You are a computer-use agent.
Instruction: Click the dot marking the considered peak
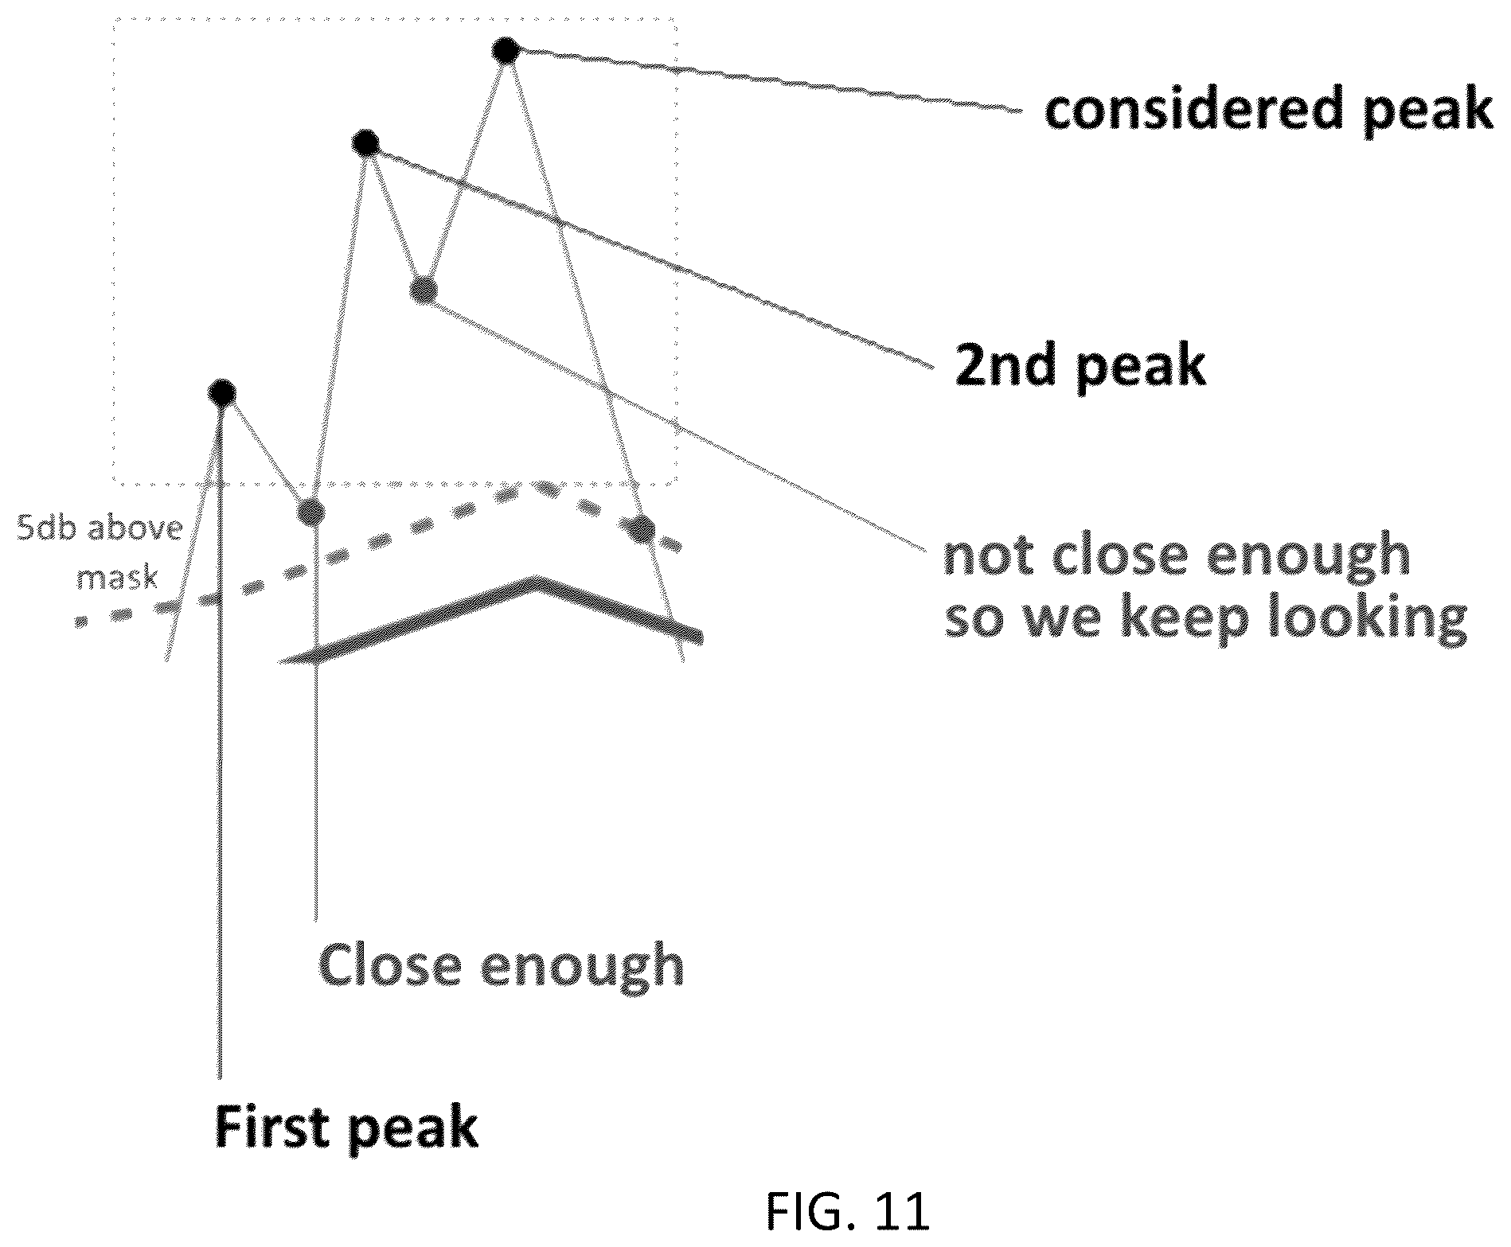tap(506, 51)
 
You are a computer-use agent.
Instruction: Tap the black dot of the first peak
tap(221, 392)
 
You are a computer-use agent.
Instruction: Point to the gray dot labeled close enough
tap(310, 511)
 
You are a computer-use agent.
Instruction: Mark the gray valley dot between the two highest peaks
tap(424, 289)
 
